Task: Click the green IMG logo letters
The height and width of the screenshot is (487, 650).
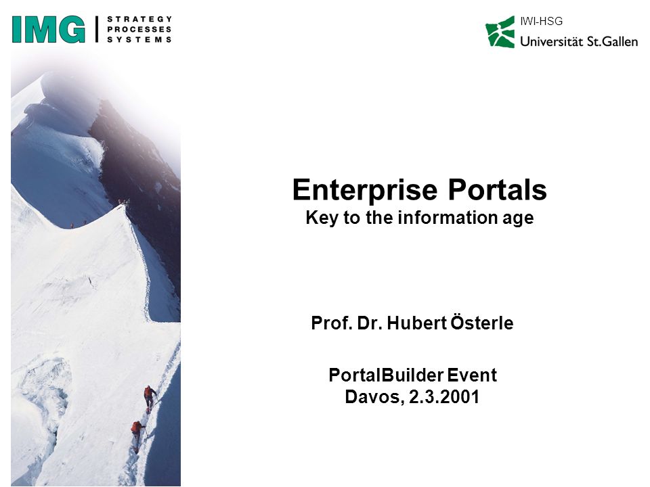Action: tap(49, 29)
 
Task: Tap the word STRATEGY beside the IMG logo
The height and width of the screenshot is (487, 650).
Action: tap(139, 19)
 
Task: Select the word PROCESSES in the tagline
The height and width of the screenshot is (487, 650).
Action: tap(139, 29)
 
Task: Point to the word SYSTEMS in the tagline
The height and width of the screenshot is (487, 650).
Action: tap(139, 40)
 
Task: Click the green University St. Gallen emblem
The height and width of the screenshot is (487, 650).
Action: tap(500, 32)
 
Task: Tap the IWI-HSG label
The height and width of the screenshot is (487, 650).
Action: tap(542, 21)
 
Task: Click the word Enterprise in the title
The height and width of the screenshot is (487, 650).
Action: tap(365, 190)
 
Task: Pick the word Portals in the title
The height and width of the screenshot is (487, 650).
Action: tap(497, 189)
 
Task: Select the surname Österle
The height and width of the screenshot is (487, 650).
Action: tap(481, 323)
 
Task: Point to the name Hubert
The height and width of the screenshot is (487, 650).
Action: tap(416, 323)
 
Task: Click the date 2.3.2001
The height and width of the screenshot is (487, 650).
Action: tap(444, 397)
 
